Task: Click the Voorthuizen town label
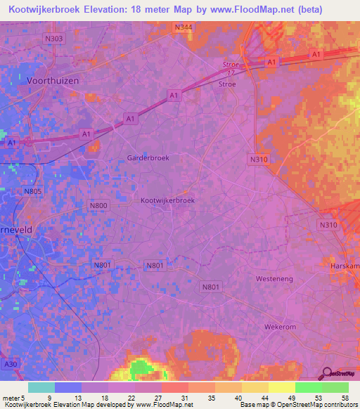(52, 81)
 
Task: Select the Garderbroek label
(148, 158)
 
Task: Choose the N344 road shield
(184, 27)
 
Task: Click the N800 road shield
(98, 205)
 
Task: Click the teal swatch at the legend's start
(41, 387)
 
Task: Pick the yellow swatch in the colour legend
(281, 387)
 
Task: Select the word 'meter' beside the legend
(11, 397)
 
